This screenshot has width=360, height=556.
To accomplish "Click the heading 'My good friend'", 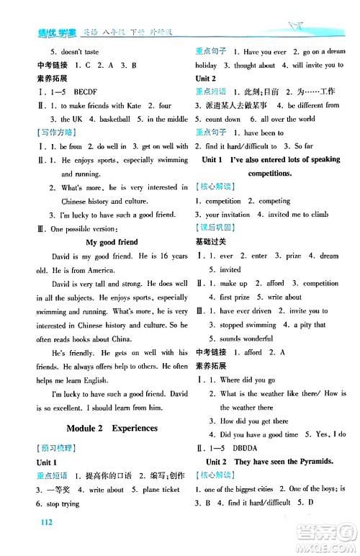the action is click(x=112, y=242).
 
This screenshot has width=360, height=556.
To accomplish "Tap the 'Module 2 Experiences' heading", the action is click(x=112, y=428).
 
